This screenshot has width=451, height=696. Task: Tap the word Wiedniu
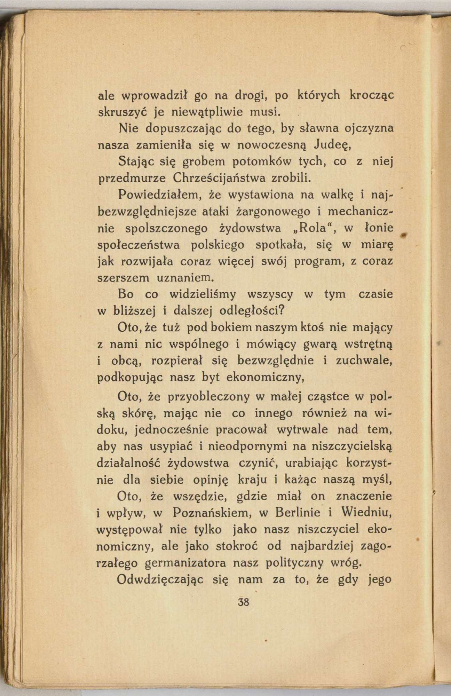pyautogui.click(x=367, y=513)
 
